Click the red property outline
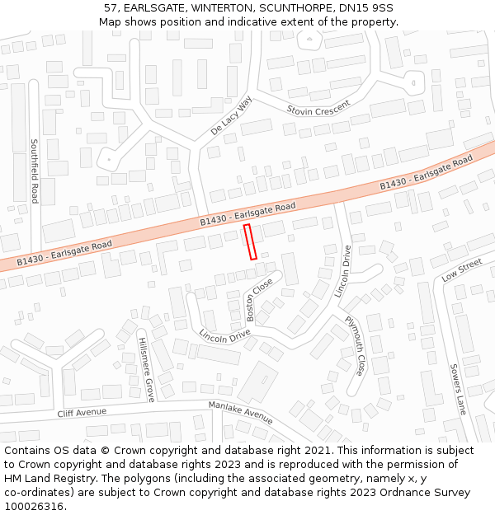pyautogui.click(x=250, y=241)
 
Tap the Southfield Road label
pyautogui.click(x=35, y=171)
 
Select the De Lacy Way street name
pyautogui.click(x=231, y=115)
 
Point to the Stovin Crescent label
pyautogui.click(x=318, y=108)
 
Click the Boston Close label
pyautogui.click(x=260, y=299)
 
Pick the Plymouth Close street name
pyautogui.click(x=355, y=345)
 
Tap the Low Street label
pyautogui.click(x=461, y=269)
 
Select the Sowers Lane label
pyautogui.click(x=458, y=388)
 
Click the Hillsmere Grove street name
pyautogui.click(x=146, y=369)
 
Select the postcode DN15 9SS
pyautogui.click(x=365, y=8)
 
